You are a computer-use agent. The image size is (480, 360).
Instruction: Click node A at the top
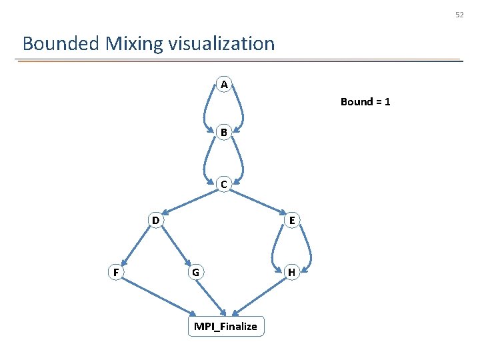click(224, 85)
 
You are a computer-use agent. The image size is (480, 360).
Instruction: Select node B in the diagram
click(224, 133)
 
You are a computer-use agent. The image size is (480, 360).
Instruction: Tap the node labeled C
click(224, 184)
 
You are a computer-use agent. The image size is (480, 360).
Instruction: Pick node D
click(155, 220)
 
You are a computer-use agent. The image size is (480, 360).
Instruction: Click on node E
click(291, 220)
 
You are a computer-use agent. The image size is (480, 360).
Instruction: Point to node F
click(116, 272)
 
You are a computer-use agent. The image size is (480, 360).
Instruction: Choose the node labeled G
click(194, 272)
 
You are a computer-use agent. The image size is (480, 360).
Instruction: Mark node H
click(291, 272)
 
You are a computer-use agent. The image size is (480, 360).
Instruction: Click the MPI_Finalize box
click(225, 326)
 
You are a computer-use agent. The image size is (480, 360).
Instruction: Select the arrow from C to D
click(189, 202)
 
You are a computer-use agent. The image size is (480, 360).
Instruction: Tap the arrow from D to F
click(135, 246)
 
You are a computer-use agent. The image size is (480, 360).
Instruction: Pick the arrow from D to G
click(175, 246)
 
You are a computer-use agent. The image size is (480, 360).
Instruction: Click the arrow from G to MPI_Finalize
click(211, 295)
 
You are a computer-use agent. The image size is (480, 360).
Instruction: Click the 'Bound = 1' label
click(365, 102)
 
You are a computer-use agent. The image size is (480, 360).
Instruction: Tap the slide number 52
click(459, 15)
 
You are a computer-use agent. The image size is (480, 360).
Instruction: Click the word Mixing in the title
click(133, 44)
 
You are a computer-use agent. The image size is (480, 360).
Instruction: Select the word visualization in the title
click(221, 44)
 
